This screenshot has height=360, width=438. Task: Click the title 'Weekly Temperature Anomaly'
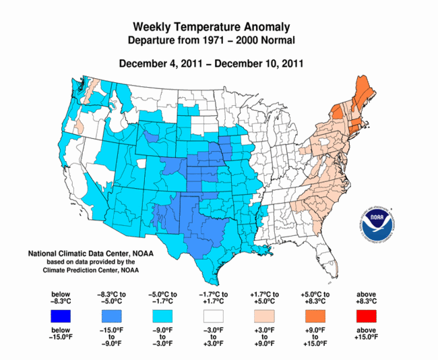[x=212, y=27]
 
